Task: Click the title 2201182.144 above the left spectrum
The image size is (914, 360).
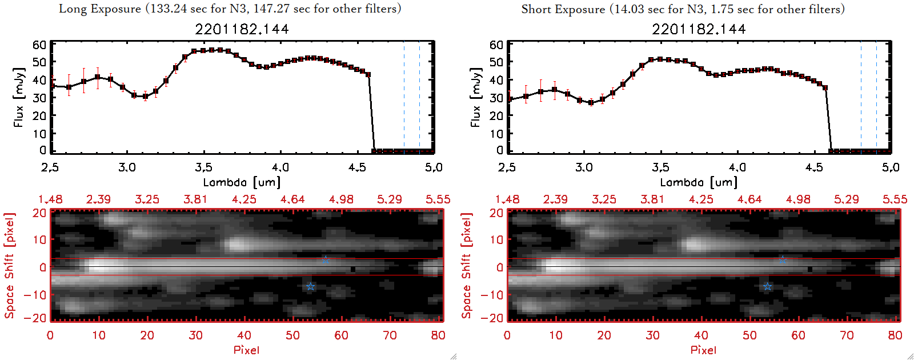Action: pyautogui.click(x=242, y=29)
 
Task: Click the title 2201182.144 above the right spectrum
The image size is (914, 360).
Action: pyautogui.click(x=699, y=29)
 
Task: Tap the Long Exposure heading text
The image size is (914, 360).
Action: pyautogui.click(x=230, y=9)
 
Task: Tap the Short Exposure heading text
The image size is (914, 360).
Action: pyautogui.click(x=683, y=9)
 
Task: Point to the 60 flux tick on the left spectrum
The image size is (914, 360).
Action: pyautogui.click(x=39, y=45)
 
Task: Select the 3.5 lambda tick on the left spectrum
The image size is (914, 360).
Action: pyautogui.click(x=203, y=167)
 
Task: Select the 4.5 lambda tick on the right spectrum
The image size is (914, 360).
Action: pyautogui.click(x=814, y=167)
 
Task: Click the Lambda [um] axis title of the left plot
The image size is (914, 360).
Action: pyautogui.click(x=242, y=182)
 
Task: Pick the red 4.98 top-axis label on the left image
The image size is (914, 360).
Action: pyautogui.click(x=341, y=199)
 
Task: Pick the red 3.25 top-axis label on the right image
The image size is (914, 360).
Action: pyautogui.click(x=604, y=199)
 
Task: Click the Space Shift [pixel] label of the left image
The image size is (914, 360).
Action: pyautogui.click(x=9, y=266)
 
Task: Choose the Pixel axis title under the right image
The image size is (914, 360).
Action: pyautogui.click(x=703, y=350)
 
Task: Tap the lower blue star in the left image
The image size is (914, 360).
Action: pyautogui.click(x=310, y=286)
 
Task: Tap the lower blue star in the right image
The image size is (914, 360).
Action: pyautogui.click(x=767, y=286)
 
